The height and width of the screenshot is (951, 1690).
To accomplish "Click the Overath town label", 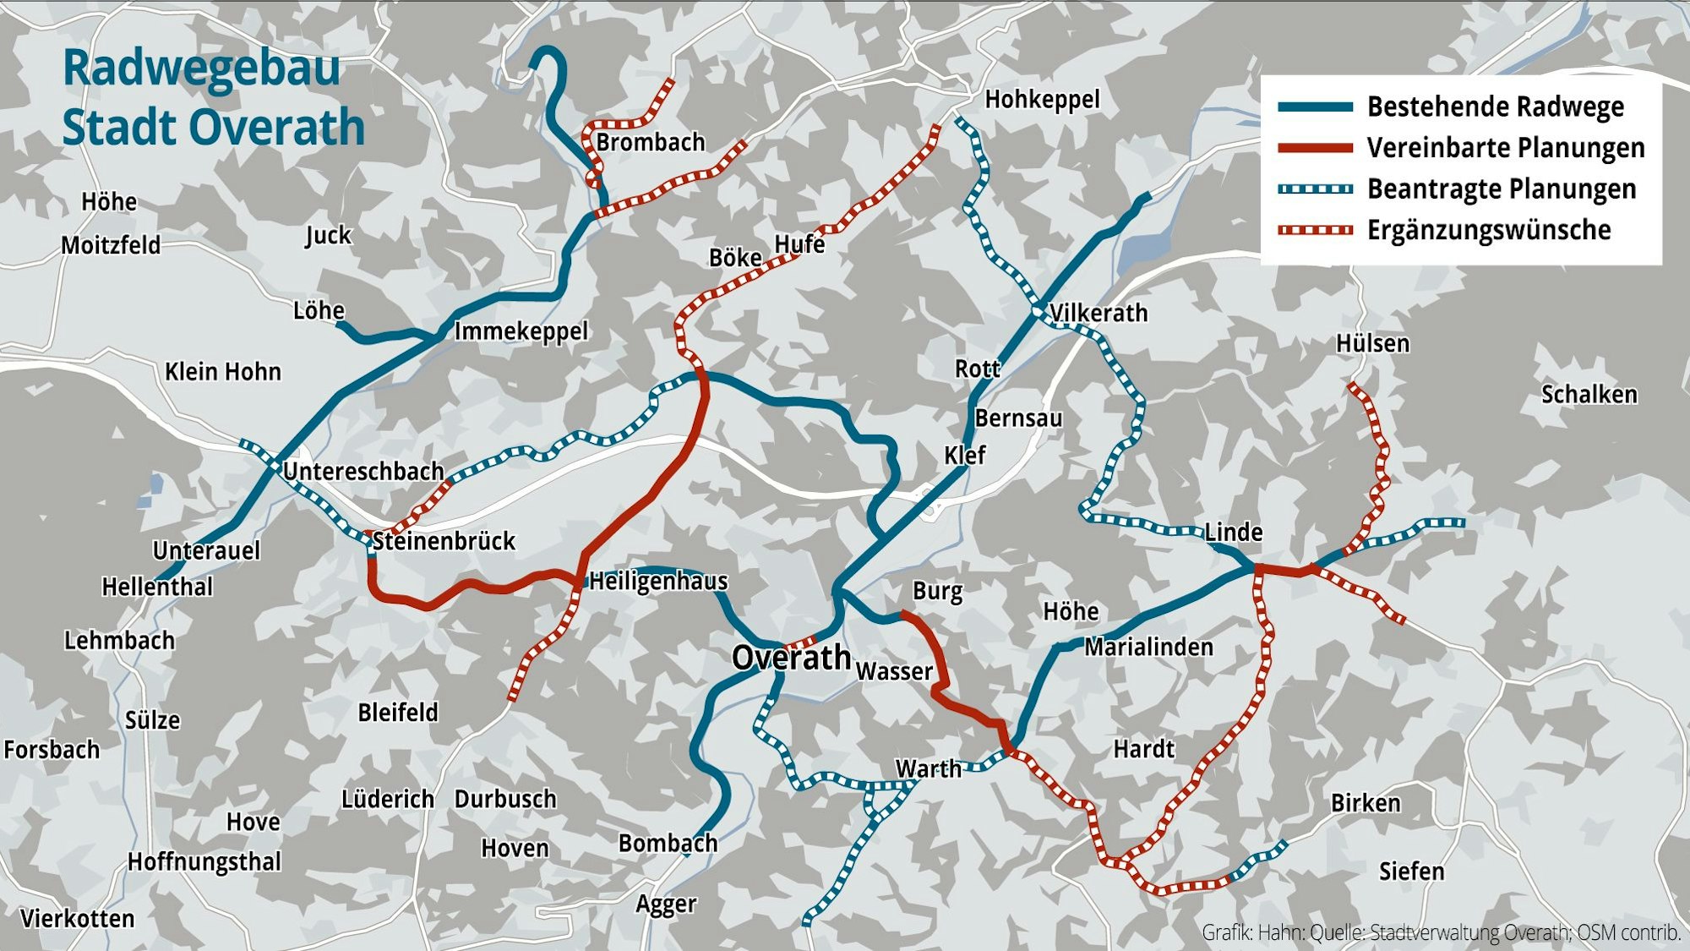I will [791, 658].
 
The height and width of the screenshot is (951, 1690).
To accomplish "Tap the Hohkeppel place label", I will [1042, 100].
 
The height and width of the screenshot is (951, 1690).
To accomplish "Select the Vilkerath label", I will [1098, 313].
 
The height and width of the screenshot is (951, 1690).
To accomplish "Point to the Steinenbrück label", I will [444, 541].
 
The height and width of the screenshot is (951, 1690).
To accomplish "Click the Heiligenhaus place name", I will [658, 581].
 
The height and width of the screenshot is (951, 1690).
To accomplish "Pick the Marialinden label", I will [1148, 648].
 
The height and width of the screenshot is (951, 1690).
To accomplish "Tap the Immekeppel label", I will [521, 331].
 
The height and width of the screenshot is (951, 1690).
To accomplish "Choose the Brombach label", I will [650, 142].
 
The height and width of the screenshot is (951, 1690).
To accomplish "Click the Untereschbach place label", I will [363, 471].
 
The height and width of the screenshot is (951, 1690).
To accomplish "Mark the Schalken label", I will [1589, 395].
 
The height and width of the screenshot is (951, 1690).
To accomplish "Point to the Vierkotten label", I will [77, 919].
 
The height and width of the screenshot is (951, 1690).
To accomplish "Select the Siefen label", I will [1411, 872].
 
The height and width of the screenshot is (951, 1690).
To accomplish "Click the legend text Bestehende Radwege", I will [1495, 107].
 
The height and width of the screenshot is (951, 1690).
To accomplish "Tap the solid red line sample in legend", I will [1315, 148].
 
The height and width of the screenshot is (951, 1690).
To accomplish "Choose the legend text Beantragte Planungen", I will [1501, 189].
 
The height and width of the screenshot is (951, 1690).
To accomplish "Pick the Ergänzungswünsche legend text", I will [1489, 230].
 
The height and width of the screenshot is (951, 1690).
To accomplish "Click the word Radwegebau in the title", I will [201, 68].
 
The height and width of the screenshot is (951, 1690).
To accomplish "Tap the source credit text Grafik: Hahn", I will [1252, 932].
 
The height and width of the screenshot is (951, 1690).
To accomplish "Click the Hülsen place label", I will [1372, 344].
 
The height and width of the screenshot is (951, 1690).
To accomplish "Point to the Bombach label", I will [668, 843].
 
